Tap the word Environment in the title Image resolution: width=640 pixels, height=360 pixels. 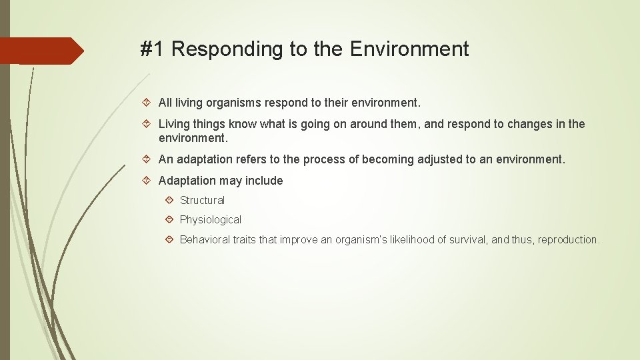pyautogui.click(x=409, y=49)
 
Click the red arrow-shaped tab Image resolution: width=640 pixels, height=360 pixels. pyautogui.click(x=40, y=51)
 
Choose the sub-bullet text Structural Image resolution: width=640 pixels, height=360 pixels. pyautogui.click(x=202, y=200)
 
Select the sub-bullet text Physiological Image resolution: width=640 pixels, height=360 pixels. pyautogui.click(x=210, y=219)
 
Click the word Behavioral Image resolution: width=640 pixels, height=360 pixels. pyautogui.click(x=205, y=239)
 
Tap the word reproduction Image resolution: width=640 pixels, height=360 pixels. pyautogui.click(x=568, y=239)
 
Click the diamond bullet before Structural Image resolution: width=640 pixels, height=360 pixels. pyautogui.click(x=170, y=200)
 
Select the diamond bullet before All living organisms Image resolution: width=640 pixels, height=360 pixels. pyautogui.click(x=149, y=103)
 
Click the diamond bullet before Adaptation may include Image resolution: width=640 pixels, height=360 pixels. pyautogui.click(x=149, y=181)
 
